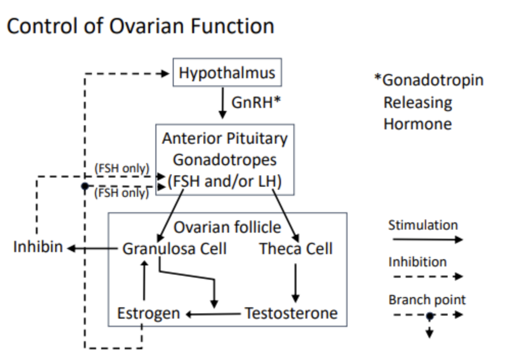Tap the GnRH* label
point(256,102)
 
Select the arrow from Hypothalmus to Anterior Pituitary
point(222,103)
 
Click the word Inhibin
point(38,246)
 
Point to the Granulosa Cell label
point(174,249)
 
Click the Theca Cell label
point(296,249)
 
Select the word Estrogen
point(148,313)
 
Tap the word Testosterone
point(291,313)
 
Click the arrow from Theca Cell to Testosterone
point(295,283)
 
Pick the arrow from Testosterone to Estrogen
point(213,314)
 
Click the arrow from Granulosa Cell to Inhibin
point(92,249)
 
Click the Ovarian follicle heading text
point(227,227)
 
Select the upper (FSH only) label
point(122,168)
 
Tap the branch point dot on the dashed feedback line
point(85,186)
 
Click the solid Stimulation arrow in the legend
point(428,240)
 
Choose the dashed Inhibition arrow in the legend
point(428,277)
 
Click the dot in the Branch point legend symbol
point(430,316)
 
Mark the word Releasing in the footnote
point(418,103)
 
